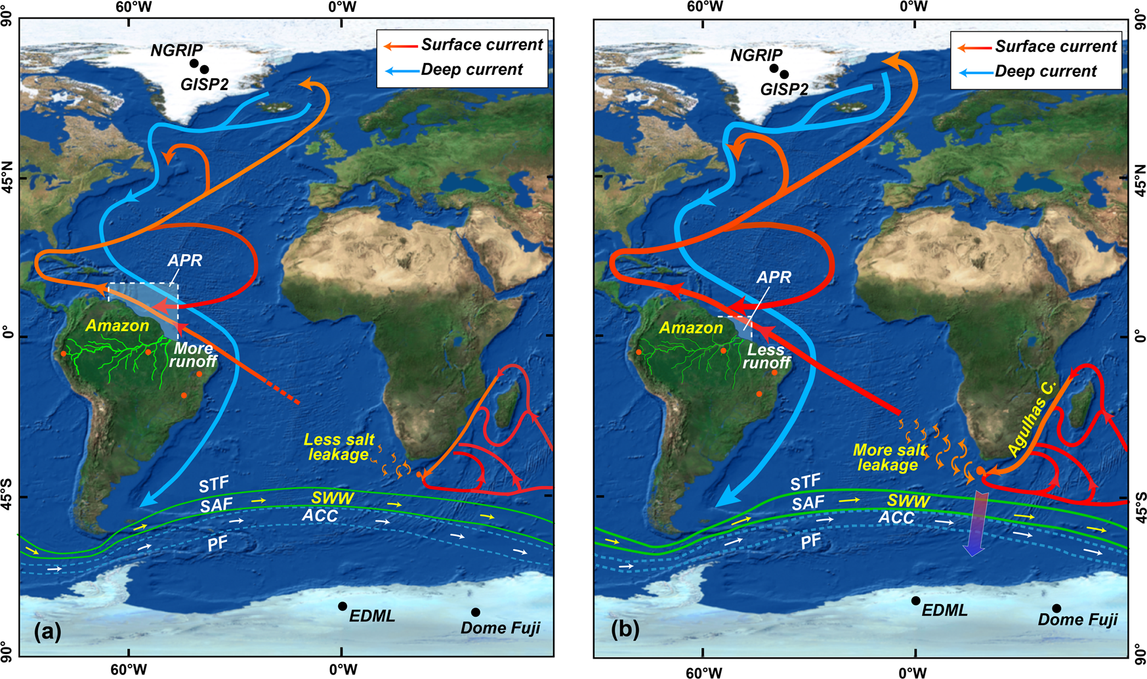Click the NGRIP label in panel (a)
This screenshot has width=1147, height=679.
point(177,50)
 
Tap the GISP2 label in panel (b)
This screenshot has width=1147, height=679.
point(784,89)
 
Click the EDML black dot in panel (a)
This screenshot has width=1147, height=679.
point(343,606)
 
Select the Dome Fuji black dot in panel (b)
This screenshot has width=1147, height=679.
point(1056,609)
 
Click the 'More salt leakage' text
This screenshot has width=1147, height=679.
point(888,458)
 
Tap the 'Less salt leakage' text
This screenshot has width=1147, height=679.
point(339,447)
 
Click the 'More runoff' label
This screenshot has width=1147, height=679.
point(192,355)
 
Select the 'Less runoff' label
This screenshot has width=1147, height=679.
point(766,357)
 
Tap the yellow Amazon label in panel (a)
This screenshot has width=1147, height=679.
point(117,326)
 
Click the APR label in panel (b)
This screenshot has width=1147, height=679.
point(774,277)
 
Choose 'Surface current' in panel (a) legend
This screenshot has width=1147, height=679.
point(482,45)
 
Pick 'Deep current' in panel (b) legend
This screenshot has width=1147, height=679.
point(1045,71)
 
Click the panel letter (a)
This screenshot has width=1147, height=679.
point(47,632)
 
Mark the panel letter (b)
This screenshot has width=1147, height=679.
point(624,630)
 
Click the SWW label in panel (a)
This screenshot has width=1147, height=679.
point(333,498)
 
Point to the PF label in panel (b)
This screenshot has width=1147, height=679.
point(811,541)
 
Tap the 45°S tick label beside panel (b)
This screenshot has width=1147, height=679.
point(1139,498)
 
